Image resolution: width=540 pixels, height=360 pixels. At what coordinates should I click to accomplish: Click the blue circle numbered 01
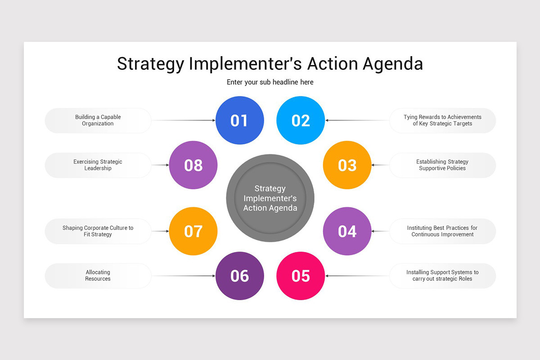[239, 120]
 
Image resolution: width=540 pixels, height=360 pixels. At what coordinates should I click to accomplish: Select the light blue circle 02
[301, 120]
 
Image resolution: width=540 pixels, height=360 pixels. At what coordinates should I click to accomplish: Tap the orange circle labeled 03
[347, 165]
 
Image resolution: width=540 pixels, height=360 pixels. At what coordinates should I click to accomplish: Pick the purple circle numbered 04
[347, 231]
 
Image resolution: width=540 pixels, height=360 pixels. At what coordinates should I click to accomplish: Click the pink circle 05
[301, 275]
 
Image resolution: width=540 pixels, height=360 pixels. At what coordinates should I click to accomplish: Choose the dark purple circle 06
[239, 275]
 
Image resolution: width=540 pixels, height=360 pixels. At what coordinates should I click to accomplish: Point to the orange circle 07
[193, 231]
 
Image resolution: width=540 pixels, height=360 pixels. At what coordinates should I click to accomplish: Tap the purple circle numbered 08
[193, 165]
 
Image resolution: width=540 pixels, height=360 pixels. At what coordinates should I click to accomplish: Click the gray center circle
[270, 198]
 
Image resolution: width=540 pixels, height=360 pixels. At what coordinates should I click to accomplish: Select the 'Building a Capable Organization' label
[98, 120]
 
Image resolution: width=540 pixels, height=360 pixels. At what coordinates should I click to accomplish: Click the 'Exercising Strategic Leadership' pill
[98, 165]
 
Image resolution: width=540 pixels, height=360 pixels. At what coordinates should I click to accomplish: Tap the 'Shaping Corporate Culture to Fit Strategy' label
[98, 231]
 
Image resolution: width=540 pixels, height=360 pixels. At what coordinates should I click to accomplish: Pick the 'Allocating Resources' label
[98, 275]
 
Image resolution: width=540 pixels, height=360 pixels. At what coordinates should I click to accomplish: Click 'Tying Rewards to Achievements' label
[442, 120]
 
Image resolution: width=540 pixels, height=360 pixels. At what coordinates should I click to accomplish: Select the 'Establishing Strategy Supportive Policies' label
[442, 165]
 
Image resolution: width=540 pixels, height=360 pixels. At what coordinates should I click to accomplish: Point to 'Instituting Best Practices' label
[442, 231]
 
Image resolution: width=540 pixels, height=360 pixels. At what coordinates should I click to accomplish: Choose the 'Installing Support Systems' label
[442, 275]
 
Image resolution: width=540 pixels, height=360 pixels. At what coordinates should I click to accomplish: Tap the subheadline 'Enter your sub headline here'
[270, 82]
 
